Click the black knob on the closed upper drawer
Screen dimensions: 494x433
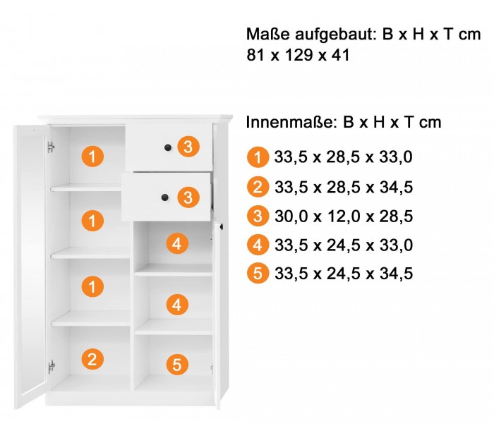pos(168,147)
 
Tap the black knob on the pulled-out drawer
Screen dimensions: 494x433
pos(164,197)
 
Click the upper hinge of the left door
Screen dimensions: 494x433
pos(51,147)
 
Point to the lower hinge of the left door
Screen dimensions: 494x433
pos(52,367)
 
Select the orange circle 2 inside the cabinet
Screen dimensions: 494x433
pos(92,360)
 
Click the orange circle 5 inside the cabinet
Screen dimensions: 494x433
pos(177,365)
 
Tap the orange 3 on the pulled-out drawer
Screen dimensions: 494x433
pos(188,197)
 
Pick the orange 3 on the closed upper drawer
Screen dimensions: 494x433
pos(188,147)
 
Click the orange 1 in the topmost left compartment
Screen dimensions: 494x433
pos(92,156)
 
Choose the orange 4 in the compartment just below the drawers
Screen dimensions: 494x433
pos(177,243)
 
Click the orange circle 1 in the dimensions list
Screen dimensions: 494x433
pos(258,157)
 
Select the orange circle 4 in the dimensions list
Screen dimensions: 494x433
pos(258,245)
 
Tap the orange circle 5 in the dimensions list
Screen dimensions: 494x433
pos(258,273)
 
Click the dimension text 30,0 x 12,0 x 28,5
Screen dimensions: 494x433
pos(344,216)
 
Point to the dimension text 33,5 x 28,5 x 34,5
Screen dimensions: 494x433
pos(344,187)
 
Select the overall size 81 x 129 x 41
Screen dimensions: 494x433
pos(298,55)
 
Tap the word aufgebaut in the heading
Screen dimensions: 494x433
pos(336,35)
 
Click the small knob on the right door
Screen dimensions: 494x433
pos(222,226)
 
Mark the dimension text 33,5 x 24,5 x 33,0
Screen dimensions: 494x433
pos(344,245)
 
